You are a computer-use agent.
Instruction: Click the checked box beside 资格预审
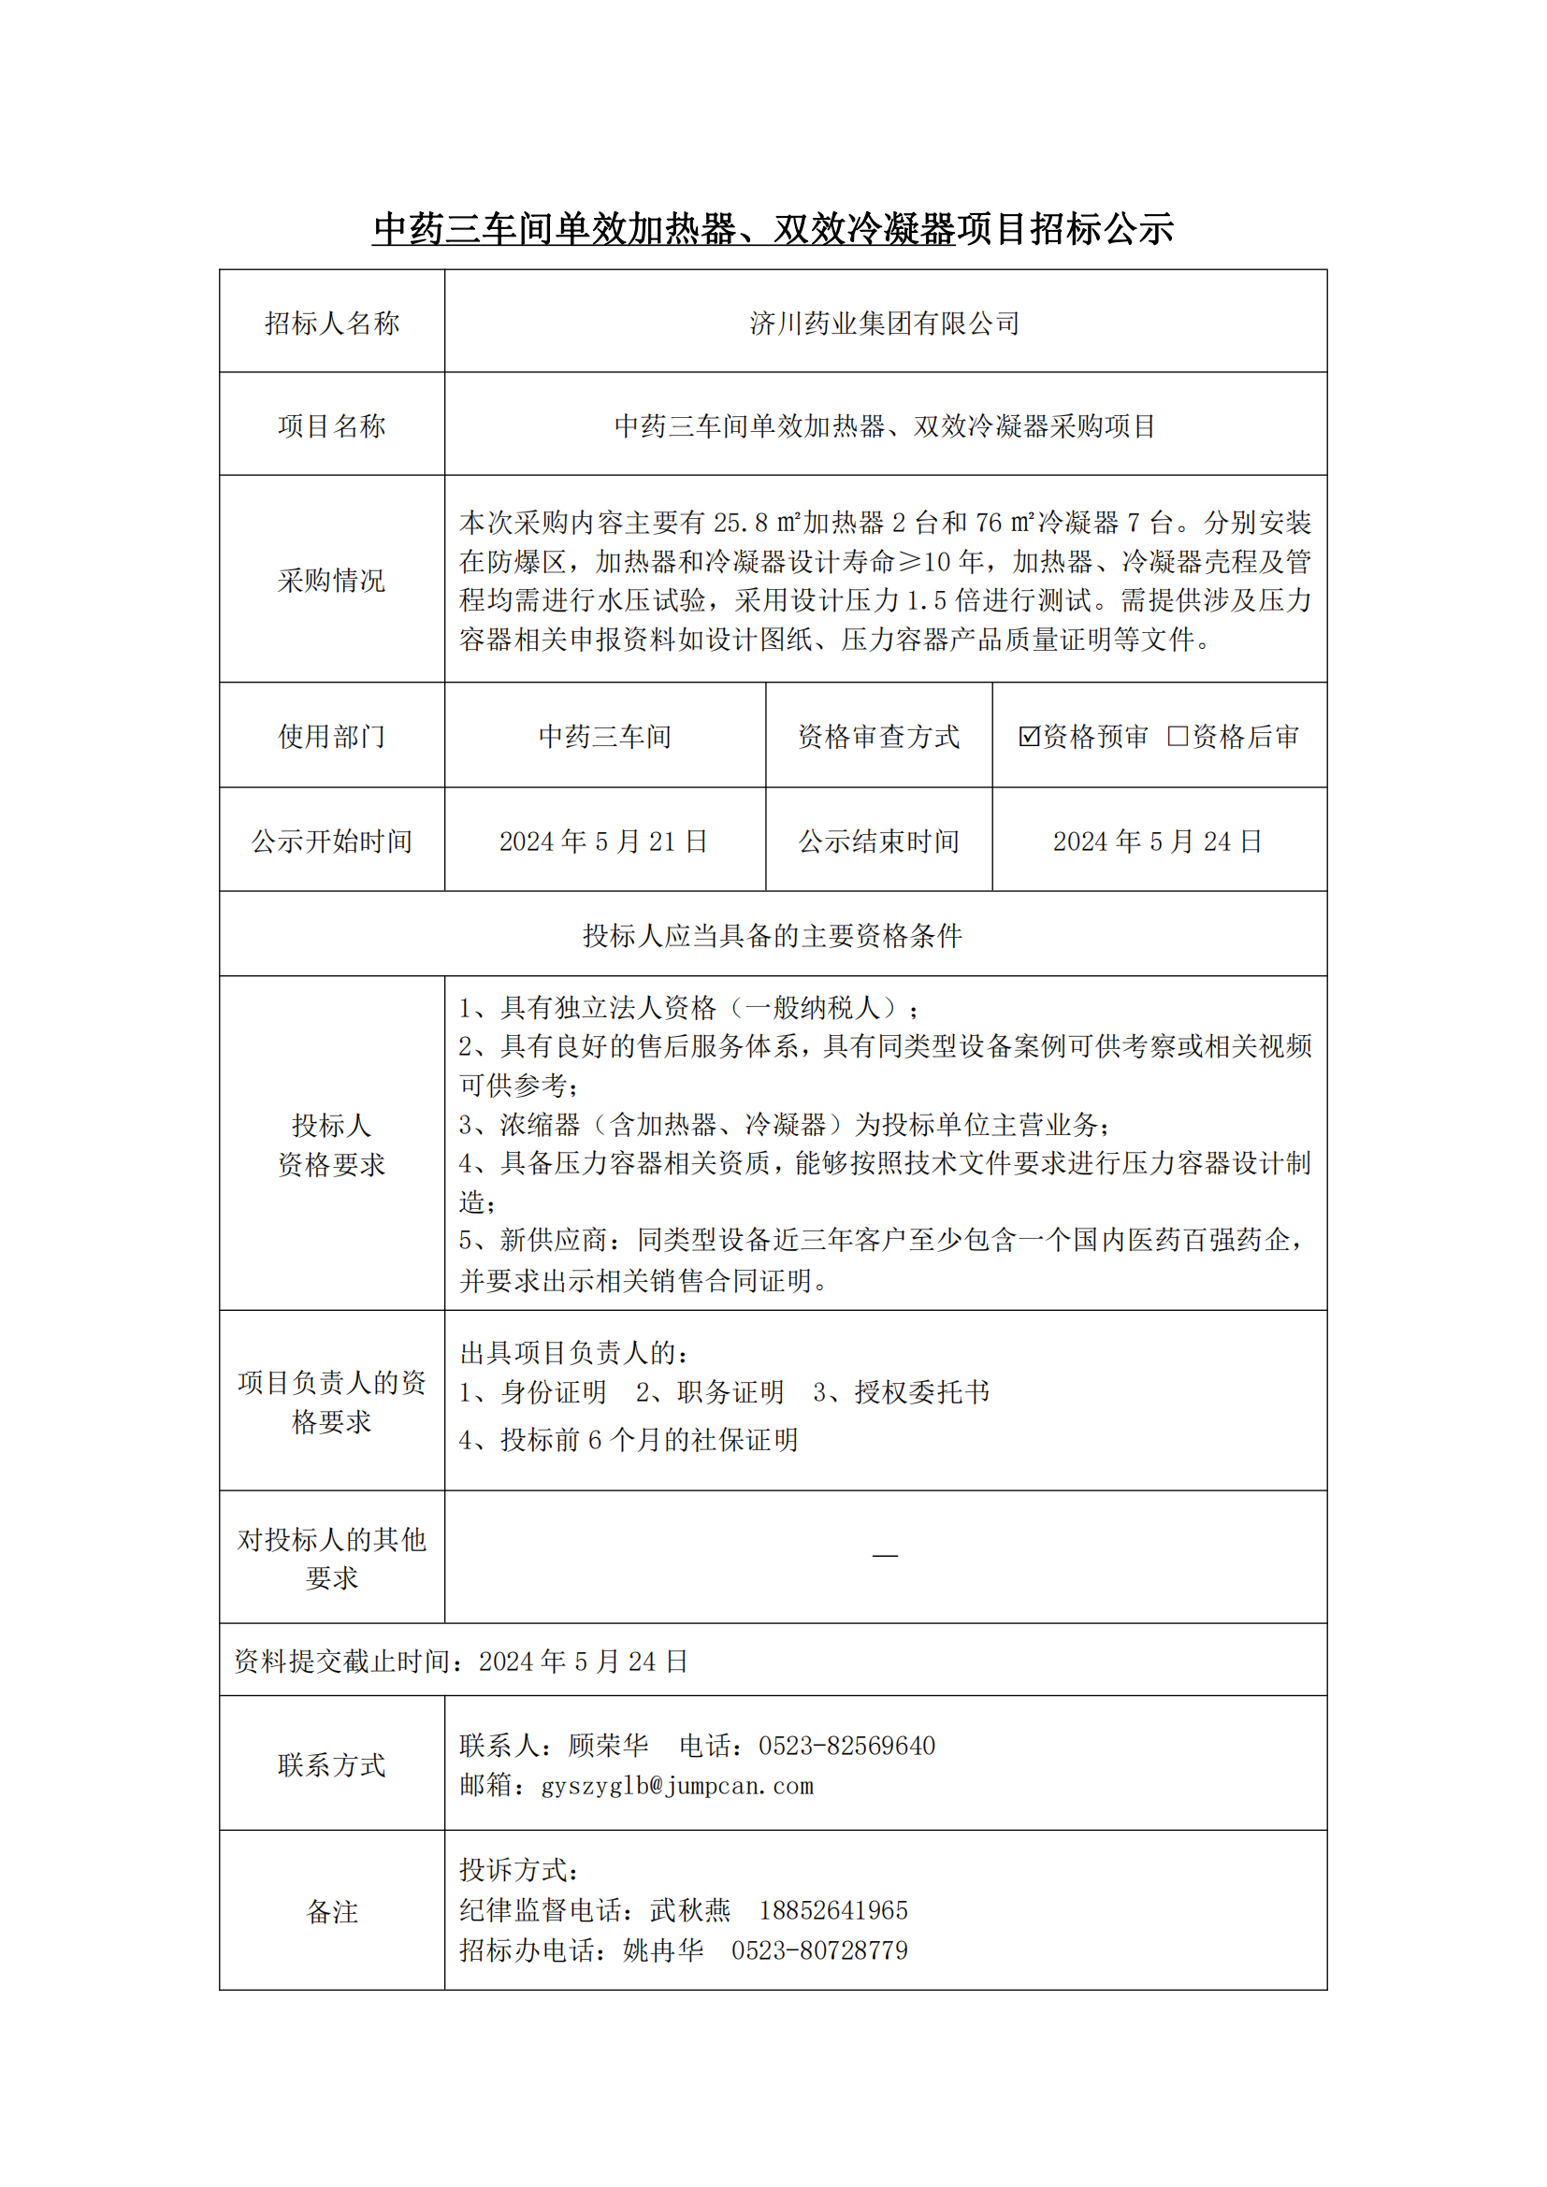(x=1029, y=735)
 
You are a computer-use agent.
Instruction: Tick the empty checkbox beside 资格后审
(x=1178, y=735)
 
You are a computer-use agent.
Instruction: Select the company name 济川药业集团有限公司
(x=885, y=323)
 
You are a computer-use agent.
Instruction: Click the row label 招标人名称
(x=331, y=323)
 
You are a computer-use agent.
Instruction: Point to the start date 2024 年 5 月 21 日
(x=604, y=842)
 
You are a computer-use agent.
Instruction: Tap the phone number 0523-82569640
(x=846, y=1746)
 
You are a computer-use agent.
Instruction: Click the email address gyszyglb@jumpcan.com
(x=677, y=1786)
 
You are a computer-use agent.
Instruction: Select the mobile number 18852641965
(x=833, y=1910)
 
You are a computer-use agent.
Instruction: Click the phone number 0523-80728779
(x=819, y=1950)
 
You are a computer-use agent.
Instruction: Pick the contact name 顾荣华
(x=608, y=1746)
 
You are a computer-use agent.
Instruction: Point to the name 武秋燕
(x=689, y=1910)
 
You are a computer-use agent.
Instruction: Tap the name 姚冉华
(x=663, y=1950)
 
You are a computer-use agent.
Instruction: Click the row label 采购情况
(x=331, y=580)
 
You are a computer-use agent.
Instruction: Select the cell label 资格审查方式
(x=878, y=736)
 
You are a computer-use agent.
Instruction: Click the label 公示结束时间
(x=878, y=842)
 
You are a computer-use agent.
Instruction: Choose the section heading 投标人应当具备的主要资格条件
(x=773, y=935)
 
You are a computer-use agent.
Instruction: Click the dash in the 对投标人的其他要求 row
(x=885, y=1556)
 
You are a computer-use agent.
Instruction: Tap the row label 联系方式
(x=331, y=1765)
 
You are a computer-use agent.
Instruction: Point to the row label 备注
(x=331, y=1912)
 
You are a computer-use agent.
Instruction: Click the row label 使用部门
(x=331, y=736)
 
